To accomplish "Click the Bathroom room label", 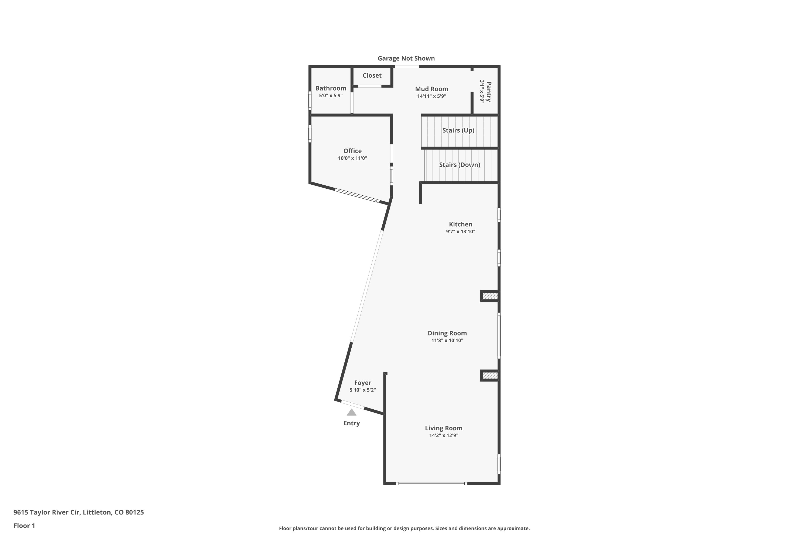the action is point(331,88).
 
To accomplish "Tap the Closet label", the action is point(372,75).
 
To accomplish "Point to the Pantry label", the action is point(489,92).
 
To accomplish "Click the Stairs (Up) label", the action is point(458,130).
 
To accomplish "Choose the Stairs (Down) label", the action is point(460,165).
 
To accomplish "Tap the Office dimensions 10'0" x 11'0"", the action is point(352,158).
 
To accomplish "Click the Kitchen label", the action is point(461,224).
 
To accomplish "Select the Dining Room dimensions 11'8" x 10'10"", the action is point(447,340).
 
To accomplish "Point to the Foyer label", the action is point(362,383).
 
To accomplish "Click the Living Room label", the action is point(443,428).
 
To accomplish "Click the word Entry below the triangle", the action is point(352,423).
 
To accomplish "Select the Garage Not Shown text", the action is point(406,58).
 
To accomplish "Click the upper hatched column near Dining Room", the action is point(490,296).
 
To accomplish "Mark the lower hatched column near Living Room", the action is point(490,376).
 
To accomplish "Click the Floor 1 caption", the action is point(24,526).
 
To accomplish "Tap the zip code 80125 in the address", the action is point(135,512).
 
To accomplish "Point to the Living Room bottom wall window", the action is point(431,484).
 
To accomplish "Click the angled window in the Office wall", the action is point(357,196).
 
